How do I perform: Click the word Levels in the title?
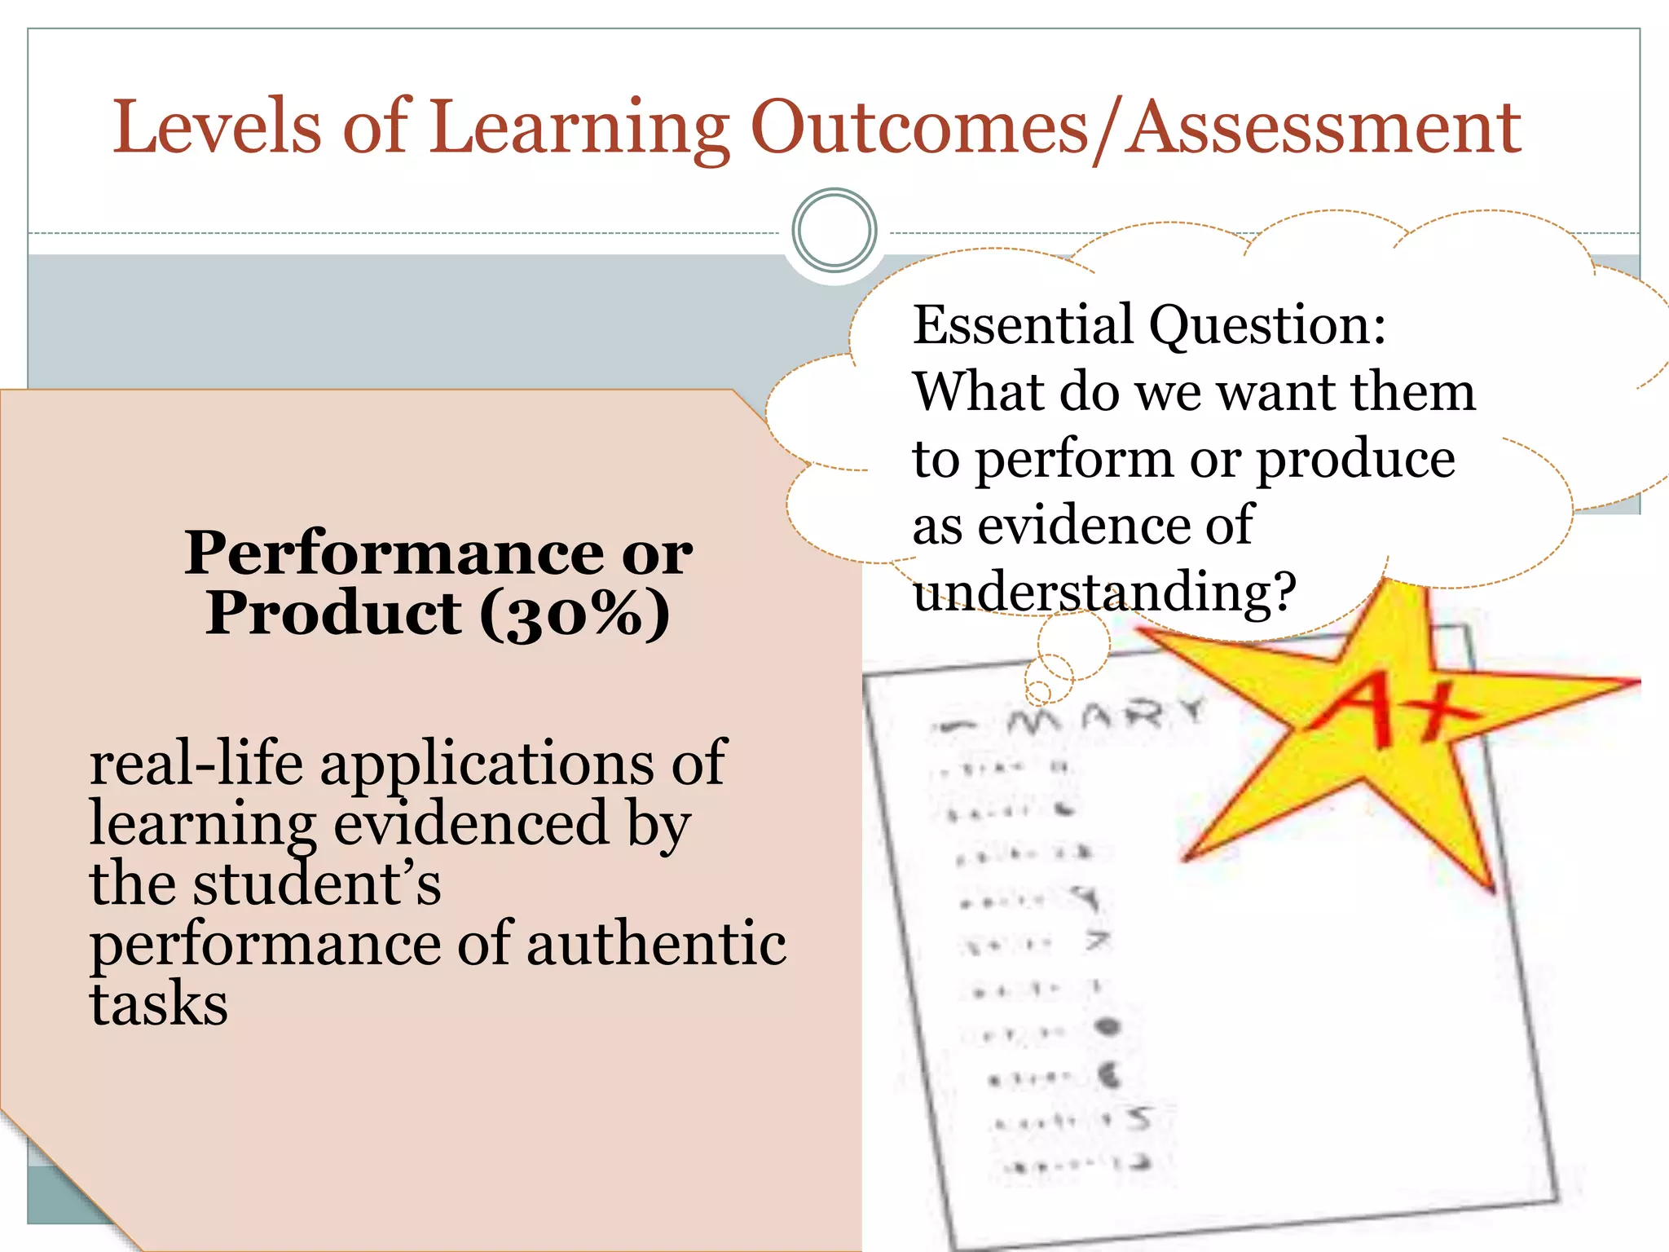click(x=217, y=127)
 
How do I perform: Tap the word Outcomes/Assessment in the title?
click(x=1135, y=129)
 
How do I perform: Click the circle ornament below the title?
click(x=834, y=230)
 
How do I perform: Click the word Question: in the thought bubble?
click(x=1267, y=326)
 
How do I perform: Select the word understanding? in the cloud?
click(x=1104, y=593)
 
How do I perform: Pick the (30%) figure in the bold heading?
click(x=575, y=615)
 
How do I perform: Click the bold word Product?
click(x=333, y=613)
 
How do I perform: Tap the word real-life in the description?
click(x=196, y=764)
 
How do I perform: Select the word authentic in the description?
click(x=657, y=944)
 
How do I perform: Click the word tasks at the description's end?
click(x=159, y=1004)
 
